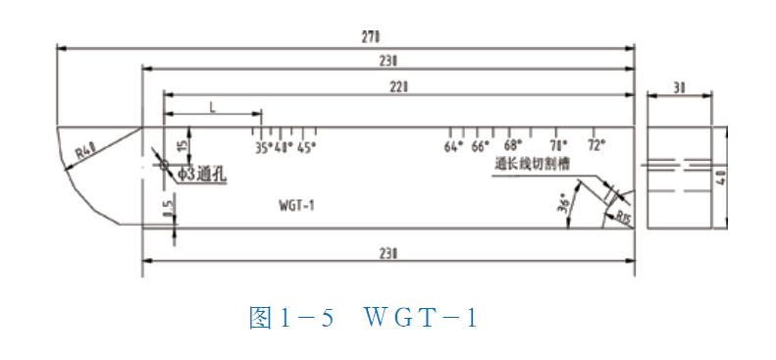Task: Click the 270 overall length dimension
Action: tap(371, 37)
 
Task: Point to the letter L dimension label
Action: tap(212, 106)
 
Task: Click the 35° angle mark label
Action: tap(263, 148)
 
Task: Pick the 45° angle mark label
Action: tap(306, 148)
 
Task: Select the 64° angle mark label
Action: tap(452, 148)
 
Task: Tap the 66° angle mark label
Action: tap(479, 148)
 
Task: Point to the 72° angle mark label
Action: tap(596, 145)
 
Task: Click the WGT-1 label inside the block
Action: tap(296, 205)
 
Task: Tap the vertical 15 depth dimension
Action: tap(182, 145)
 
